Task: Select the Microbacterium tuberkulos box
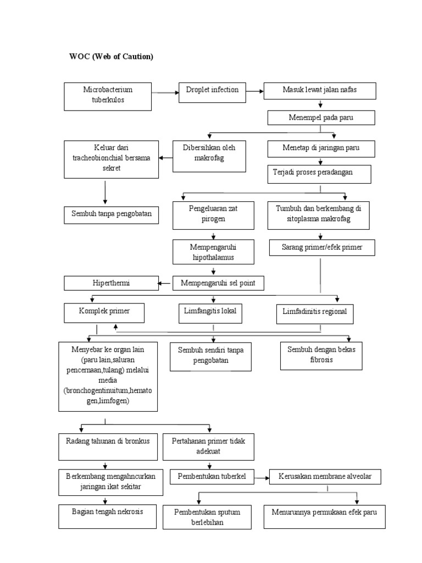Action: pyautogui.click(x=108, y=96)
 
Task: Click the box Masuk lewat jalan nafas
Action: pyautogui.click(x=320, y=91)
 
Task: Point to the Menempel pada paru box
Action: pyautogui.click(x=321, y=118)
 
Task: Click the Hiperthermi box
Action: pyautogui.click(x=110, y=283)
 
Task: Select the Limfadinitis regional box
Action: pyautogui.click(x=315, y=314)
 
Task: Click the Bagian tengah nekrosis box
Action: pyautogui.click(x=107, y=515)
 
